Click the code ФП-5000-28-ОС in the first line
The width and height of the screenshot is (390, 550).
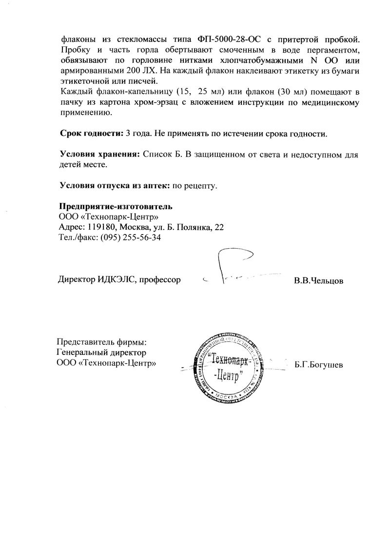[236, 39]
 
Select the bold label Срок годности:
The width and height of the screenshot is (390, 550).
[89, 133]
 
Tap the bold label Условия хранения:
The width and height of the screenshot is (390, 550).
[100, 154]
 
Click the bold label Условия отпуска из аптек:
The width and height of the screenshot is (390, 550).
[115, 185]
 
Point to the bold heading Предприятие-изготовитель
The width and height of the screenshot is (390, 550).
[116, 206]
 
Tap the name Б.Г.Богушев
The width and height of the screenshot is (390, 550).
[319, 365]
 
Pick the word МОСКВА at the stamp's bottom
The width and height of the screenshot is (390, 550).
[226, 396]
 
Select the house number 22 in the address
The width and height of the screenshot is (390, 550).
[219, 227]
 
